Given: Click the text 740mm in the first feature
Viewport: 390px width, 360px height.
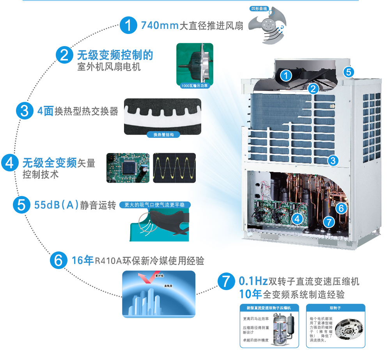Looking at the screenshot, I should coord(160,26).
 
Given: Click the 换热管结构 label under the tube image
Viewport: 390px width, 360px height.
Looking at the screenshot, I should coord(163,135).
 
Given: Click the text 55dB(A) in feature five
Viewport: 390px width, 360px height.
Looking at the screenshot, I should coord(56,205).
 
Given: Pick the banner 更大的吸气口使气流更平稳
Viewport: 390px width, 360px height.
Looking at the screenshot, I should coord(154,205).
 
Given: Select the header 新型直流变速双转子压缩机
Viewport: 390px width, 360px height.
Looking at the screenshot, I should coord(269,308).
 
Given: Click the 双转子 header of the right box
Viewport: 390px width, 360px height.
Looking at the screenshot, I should coord(335,308).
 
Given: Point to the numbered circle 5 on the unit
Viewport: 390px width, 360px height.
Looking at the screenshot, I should coord(349,72).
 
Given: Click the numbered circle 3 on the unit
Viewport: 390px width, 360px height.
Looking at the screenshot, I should coord(332,160).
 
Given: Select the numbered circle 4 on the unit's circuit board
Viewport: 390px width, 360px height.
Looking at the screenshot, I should coord(297,219).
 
